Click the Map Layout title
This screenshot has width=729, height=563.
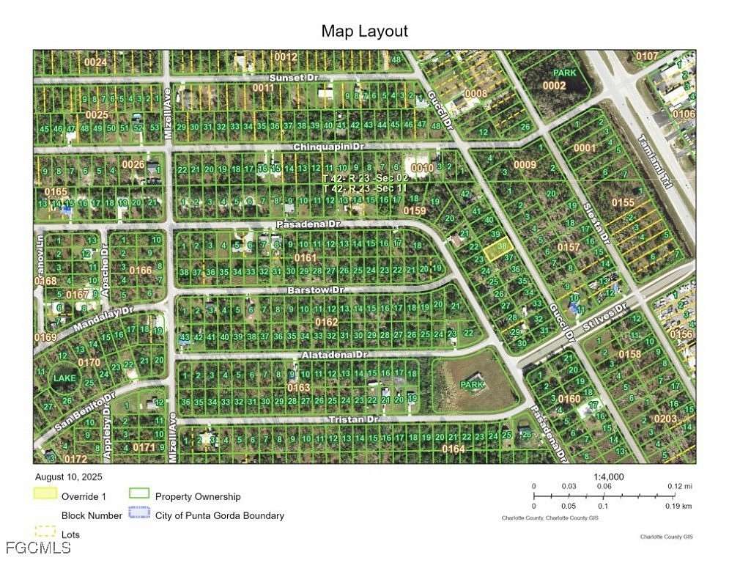(x=364, y=31)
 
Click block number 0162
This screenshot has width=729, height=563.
(x=327, y=322)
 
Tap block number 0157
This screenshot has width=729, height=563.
(x=569, y=248)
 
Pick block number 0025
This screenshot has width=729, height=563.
(x=97, y=114)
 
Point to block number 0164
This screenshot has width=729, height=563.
(x=454, y=449)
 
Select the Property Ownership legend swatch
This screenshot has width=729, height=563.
(x=138, y=494)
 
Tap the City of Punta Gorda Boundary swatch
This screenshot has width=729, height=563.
(x=138, y=515)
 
